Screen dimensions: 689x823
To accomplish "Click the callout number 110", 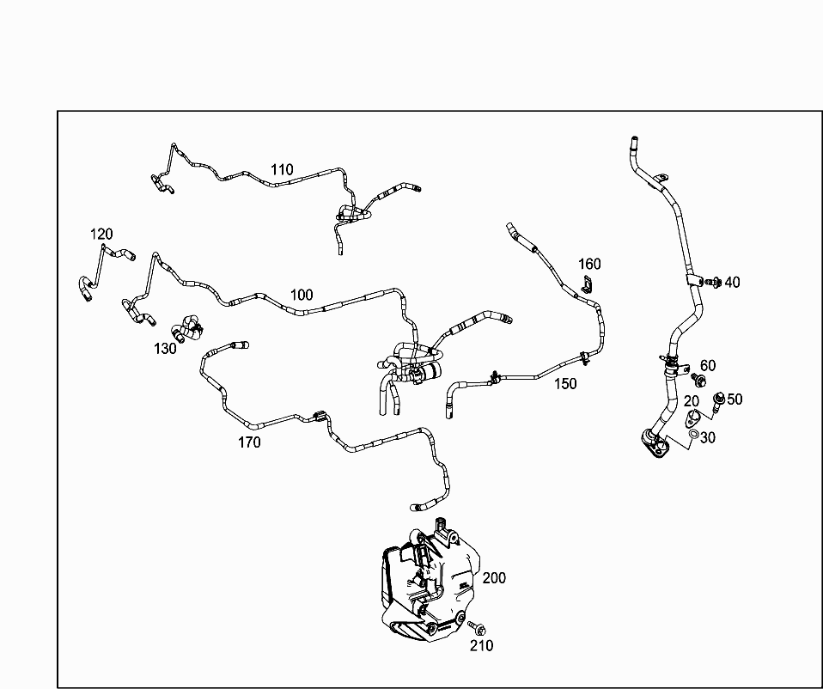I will (282, 169).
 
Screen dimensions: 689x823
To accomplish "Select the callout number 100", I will (302, 295).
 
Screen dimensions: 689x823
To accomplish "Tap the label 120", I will (101, 234).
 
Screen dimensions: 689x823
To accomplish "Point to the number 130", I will (165, 348).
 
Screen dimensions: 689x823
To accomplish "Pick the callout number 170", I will (249, 442).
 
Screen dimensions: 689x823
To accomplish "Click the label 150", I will (565, 384).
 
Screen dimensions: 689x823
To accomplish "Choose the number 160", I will (589, 264).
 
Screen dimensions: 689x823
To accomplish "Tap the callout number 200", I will (494, 577).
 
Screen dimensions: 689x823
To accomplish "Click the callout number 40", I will (732, 282).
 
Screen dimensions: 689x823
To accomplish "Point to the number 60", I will (707, 367).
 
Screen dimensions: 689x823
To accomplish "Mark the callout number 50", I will (735, 399).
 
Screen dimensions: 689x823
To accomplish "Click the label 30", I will (707, 437).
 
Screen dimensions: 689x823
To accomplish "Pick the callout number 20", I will (691, 401).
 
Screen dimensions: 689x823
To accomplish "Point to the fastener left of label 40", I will (712, 281).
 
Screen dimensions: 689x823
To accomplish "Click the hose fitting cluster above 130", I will (186, 328).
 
